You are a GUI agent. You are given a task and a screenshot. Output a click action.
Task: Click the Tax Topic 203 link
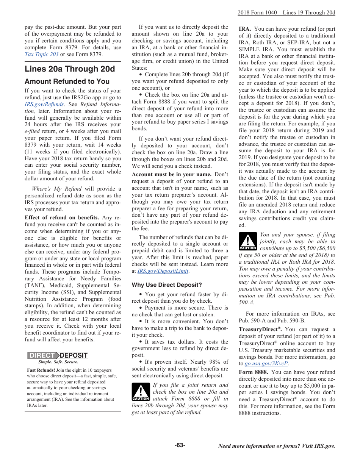tap(42, 55)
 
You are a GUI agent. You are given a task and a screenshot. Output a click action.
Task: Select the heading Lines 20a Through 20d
tap(70, 69)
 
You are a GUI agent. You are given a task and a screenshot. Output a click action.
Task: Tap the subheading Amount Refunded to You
tap(67, 81)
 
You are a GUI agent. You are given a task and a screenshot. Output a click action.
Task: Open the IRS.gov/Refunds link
tap(44, 105)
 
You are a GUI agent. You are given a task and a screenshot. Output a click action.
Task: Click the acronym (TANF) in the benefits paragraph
tap(34, 286)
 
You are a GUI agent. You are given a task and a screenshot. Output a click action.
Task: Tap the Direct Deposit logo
tap(58, 355)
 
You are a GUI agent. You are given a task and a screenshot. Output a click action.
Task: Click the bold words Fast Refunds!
tap(41, 370)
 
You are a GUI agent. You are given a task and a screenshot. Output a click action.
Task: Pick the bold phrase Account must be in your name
tap(171, 175)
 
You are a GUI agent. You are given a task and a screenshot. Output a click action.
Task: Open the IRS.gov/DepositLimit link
tap(163, 271)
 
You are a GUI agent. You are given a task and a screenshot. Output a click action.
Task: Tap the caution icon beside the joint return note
tap(141, 392)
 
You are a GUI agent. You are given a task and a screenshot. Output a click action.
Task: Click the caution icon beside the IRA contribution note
tap(248, 241)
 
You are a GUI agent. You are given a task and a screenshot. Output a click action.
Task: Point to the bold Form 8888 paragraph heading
tap(254, 372)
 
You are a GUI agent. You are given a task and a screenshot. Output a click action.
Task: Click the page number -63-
tap(180, 446)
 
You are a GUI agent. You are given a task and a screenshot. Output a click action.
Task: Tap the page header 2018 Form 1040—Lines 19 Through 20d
tap(286, 13)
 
